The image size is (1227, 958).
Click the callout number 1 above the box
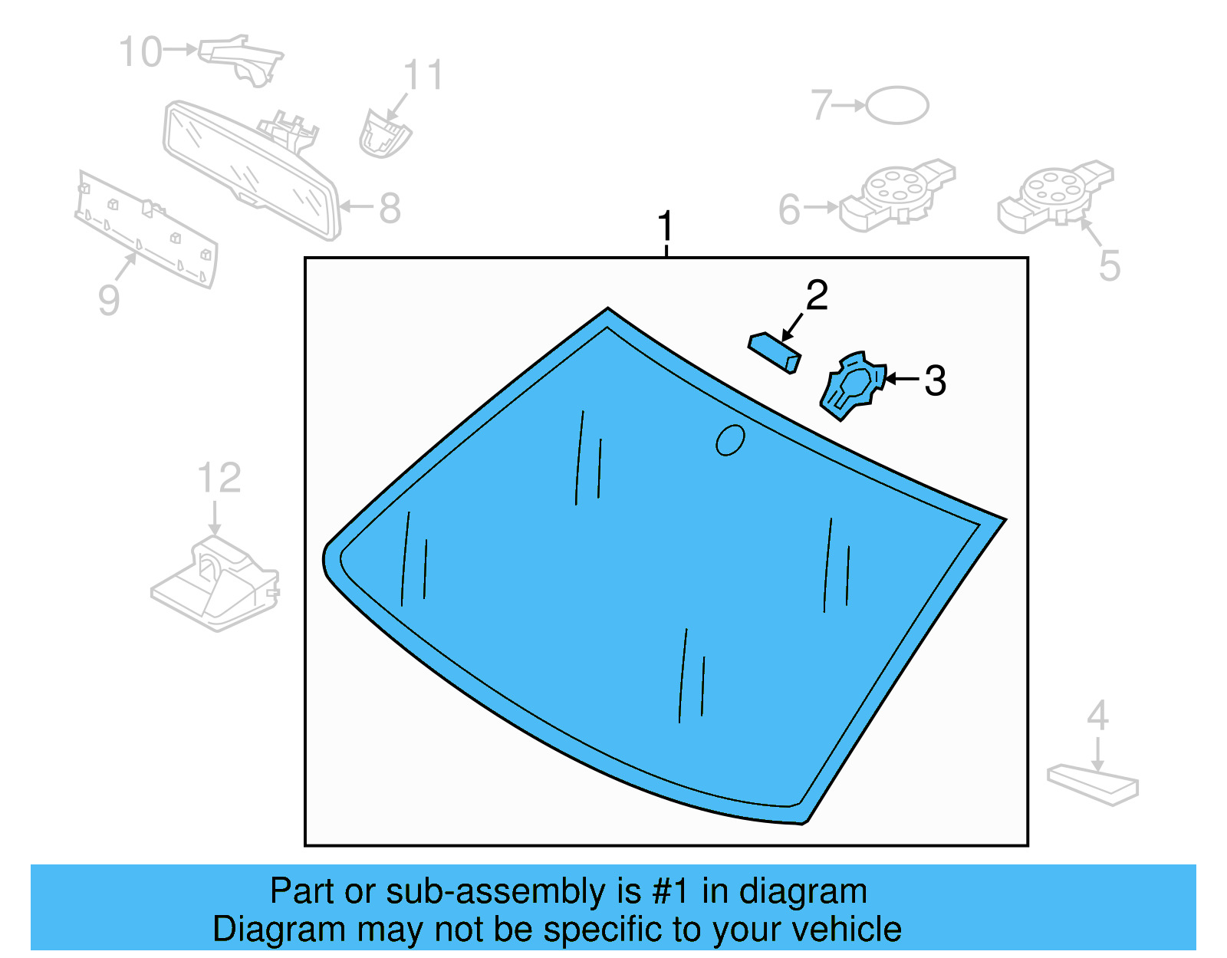tap(665, 227)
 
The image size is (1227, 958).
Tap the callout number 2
tap(817, 296)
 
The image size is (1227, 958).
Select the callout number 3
tap(935, 380)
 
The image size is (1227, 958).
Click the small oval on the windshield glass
tap(730, 440)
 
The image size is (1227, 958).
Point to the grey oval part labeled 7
tap(897, 105)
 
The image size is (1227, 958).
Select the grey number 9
tap(109, 300)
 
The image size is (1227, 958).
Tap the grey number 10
tap(141, 52)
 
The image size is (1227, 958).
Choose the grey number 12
tap(219, 479)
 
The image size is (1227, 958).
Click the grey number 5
tap(1109, 265)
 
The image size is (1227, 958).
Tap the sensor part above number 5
tap(1054, 196)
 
